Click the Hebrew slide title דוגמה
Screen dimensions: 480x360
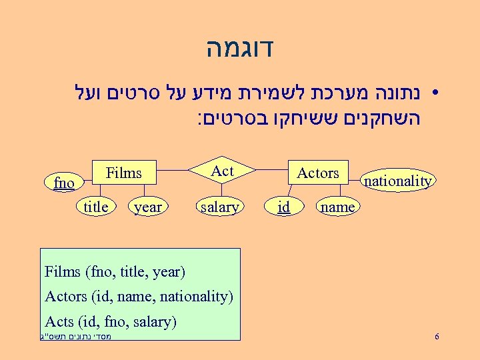240,49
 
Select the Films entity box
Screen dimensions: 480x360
124,173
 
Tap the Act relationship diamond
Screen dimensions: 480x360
222,171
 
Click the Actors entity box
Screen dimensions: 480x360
317,173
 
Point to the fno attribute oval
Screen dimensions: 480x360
64,182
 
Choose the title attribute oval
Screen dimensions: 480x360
96,207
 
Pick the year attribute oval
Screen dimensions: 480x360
147,207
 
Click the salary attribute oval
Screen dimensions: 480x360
219,207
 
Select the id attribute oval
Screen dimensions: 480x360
284,207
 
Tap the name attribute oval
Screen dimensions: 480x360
337,207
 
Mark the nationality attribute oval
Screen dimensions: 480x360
398,180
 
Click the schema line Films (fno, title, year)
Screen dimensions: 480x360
115,272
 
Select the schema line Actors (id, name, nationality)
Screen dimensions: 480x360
138,297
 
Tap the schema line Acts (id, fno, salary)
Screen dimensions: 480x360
110,322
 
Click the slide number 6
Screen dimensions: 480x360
436,337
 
